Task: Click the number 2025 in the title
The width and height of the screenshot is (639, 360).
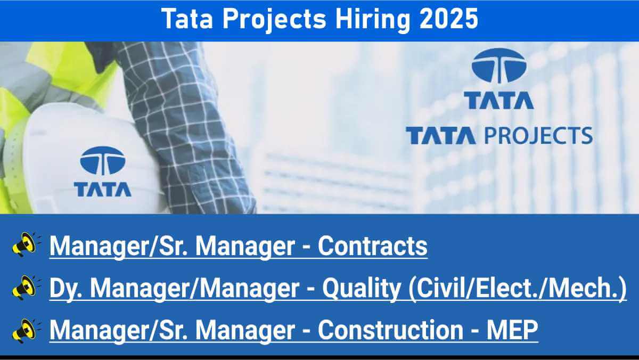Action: [x=449, y=19]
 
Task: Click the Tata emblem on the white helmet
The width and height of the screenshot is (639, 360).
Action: [x=103, y=161]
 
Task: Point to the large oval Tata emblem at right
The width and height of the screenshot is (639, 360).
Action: [x=499, y=66]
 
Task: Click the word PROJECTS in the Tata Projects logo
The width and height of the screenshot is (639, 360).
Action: [x=538, y=135]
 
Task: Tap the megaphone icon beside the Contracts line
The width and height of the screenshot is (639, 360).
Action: [x=26, y=244]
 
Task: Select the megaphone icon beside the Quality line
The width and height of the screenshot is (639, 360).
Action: [x=26, y=288]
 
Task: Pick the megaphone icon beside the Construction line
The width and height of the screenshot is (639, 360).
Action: [x=26, y=331]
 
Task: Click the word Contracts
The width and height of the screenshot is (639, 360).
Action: [x=373, y=246]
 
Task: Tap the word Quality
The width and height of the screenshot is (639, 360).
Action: [x=362, y=289]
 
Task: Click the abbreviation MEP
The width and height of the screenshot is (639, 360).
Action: [x=512, y=330]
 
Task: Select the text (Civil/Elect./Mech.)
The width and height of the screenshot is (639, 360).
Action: [x=518, y=289]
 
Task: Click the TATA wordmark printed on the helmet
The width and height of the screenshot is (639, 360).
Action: [x=103, y=190]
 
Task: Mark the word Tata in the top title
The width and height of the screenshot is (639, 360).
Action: [x=187, y=19]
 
